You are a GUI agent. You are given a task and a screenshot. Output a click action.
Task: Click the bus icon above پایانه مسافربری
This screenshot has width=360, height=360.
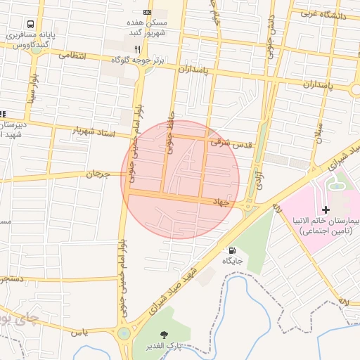point(30,22)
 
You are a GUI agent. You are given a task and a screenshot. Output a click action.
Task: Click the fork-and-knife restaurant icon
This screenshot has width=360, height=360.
point(138,49)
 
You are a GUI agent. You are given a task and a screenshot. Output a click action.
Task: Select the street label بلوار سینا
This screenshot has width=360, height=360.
point(32,88)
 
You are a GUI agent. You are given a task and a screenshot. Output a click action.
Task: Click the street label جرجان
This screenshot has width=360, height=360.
point(98,173)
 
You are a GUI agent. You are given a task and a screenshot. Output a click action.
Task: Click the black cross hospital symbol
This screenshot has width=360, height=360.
point(325,210)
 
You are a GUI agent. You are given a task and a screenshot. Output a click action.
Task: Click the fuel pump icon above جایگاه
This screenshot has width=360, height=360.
point(231,250)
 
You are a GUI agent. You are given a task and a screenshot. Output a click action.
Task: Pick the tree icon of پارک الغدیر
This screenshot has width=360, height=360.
point(165,335)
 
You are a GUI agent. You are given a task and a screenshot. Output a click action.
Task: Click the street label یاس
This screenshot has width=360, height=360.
point(83,332)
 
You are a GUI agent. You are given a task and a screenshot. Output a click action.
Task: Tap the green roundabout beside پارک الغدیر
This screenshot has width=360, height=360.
point(124,333)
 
